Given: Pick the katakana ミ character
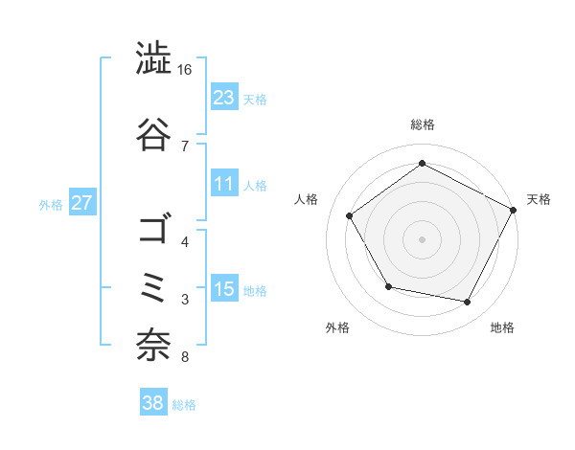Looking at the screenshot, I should pyautogui.click(x=154, y=287).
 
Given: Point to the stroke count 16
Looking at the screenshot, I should pyautogui.click(x=185, y=70).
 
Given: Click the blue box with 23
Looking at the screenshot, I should pyautogui.click(x=224, y=98).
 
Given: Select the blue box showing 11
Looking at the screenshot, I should pyautogui.click(x=224, y=185).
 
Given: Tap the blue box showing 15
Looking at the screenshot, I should pyautogui.click(x=224, y=290).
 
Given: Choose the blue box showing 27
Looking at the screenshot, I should pyautogui.click(x=82, y=204).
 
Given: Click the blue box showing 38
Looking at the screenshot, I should pyautogui.click(x=152, y=403).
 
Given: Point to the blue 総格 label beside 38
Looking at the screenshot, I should pyautogui.click(x=184, y=405).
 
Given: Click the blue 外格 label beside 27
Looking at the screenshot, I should pyautogui.click(x=51, y=205).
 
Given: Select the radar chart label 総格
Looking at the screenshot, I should pyautogui.click(x=422, y=124).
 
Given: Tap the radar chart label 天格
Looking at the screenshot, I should pyautogui.click(x=539, y=199).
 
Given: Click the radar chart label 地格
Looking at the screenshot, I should pyautogui.click(x=502, y=327).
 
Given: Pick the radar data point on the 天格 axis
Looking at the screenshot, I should pyautogui.click(x=514, y=210).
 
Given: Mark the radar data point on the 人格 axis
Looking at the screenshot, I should pyautogui.click(x=350, y=215).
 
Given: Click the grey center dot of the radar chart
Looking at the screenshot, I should pyautogui.click(x=422, y=238).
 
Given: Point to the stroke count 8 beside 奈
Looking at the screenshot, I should pyautogui.click(x=184, y=358).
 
